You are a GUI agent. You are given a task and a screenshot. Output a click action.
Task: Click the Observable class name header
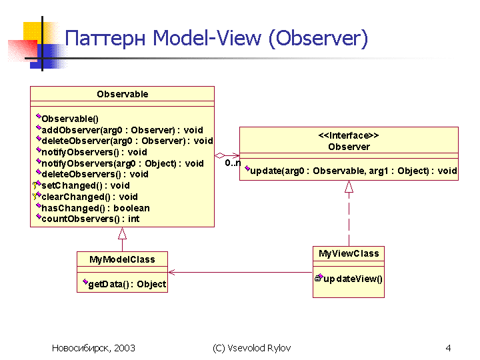tap(123, 94)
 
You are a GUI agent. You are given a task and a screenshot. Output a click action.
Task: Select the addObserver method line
tap(122, 130)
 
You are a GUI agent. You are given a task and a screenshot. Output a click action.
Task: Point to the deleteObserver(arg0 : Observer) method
tap(127, 141)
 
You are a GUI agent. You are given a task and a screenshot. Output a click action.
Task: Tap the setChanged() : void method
tap(85, 185)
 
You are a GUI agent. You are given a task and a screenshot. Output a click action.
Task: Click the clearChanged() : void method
tap(89, 197)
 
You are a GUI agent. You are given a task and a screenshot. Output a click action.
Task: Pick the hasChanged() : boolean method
tap(95, 208)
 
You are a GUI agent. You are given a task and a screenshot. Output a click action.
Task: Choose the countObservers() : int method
tap(90, 219)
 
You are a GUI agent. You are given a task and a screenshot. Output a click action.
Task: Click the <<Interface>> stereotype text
tap(349, 135)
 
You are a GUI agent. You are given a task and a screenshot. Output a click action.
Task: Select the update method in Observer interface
tap(353, 171)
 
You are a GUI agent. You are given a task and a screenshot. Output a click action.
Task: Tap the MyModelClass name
tap(122, 259)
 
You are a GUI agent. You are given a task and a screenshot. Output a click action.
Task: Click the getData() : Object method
tap(127, 285)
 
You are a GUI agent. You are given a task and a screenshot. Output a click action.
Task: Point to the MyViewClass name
tap(349, 253)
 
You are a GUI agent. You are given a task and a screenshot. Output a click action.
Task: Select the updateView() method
tap(353, 279)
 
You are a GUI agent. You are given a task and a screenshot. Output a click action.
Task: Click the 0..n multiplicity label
tap(233, 163)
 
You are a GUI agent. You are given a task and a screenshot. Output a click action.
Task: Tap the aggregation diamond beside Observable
tap(220, 155)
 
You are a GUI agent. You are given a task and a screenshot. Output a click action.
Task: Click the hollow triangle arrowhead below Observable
tap(122, 233)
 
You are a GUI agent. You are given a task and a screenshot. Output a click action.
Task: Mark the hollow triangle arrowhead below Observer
tap(349, 187)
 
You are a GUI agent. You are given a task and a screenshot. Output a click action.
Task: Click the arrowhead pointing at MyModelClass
tap(172, 272)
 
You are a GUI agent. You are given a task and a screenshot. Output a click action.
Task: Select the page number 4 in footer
tap(448, 348)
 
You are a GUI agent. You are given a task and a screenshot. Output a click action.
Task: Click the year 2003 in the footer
tap(125, 348)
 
